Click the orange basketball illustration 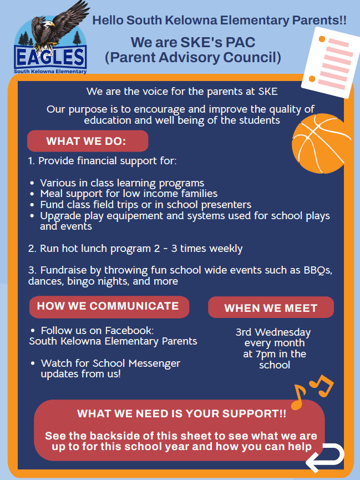pyautogui.click(x=321, y=143)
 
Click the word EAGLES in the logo pyautogui.click(x=50, y=57)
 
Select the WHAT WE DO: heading pyautogui.click(x=86, y=141)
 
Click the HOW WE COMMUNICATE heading pyautogui.click(x=108, y=306)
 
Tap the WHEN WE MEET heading pyautogui.click(x=271, y=308)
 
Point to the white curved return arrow pyautogui.click(x=325, y=457)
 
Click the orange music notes pyautogui.click(x=312, y=392)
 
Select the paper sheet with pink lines pyautogui.click(x=331, y=63)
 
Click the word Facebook pyautogui.click(x=129, y=330)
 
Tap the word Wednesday pyautogui.click(x=283, y=332)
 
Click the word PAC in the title pyautogui.click(x=240, y=42)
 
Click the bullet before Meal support pyautogui.click(x=32, y=194)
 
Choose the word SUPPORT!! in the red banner pyautogui.click(x=254, y=413)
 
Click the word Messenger pyautogui.click(x=154, y=363)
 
